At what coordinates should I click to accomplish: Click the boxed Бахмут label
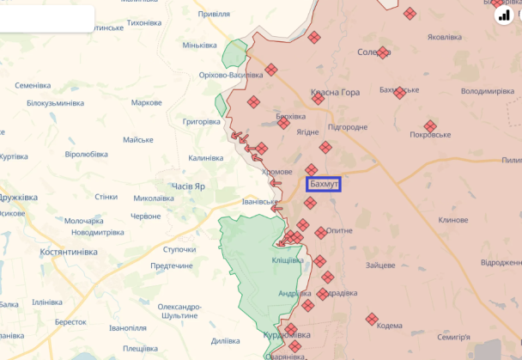tap(325, 184)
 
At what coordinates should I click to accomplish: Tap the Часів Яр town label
tap(188, 186)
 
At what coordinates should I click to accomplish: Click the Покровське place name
tap(430, 135)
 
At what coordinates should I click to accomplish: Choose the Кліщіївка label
tap(288, 259)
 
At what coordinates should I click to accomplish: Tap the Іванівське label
tap(260, 203)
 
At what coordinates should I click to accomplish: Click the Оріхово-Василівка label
tap(231, 76)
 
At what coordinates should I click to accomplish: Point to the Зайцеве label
tap(379, 265)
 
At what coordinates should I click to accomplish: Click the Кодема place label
tap(389, 325)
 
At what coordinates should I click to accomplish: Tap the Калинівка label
tap(206, 158)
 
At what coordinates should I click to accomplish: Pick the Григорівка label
tap(202, 122)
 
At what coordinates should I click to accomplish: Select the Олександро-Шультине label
tap(179, 311)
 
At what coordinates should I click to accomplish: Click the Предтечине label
tap(172, 265)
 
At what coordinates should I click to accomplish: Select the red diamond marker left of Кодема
tap(371, 319)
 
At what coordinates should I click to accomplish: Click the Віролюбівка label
tap(92, 154)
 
